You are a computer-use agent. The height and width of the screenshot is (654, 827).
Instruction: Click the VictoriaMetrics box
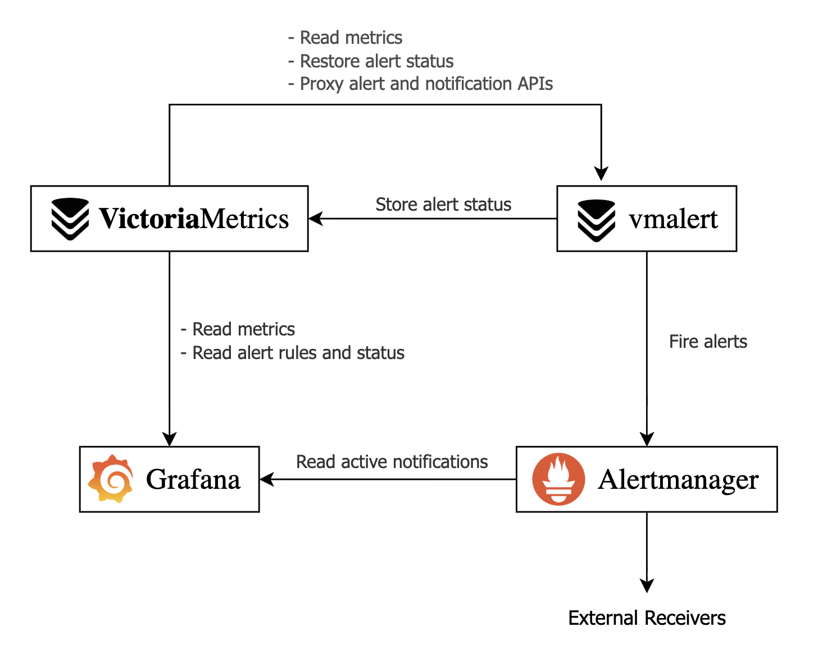pyautogui.click(x=169, y=219)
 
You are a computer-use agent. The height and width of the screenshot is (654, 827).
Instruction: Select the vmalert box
pyautogui.click(x=646, y=219)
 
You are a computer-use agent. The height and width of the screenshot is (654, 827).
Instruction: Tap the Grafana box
pyautogui.click(x=169, y=479)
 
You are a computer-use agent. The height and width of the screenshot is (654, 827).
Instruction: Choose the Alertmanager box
pyautogui.click(x=646, y=479)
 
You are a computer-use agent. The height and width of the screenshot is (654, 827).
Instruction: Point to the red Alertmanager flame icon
pyautogui.click(x=558, y=479)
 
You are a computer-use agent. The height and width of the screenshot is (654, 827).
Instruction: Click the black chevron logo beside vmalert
pyautogui.click(x=596, y=220)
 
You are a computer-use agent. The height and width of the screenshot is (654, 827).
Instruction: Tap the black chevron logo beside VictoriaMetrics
pyautogui.click(x=70, y=219)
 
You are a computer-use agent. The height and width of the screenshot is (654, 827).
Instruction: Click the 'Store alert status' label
pyautogui.click(x=443, y=205)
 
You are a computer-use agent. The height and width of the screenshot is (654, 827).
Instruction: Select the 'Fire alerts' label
pyautogui.click(x=708, y=342)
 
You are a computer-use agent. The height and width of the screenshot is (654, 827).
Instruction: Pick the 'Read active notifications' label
pyautogui.click(x=392, y=462)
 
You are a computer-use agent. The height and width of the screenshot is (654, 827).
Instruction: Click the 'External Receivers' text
pyautogui.click(x=647, y=618)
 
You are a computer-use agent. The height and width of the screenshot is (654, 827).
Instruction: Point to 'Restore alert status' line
pyautogui.click(x=371, y=61)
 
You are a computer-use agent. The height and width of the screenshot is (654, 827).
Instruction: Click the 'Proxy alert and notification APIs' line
pyautogui.click(x=420, y=84)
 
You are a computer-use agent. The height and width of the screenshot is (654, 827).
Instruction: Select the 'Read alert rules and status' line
pyautogui.click(x=293, y=353)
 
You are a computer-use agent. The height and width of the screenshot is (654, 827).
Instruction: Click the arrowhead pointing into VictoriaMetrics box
pyautogui.click(x=316, y=219)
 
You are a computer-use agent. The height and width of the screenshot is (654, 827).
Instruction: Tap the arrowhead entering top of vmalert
pyautogui.click(x=601, y=174)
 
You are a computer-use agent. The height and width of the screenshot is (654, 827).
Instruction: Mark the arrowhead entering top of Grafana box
pyautogui.click(x=169, y=439)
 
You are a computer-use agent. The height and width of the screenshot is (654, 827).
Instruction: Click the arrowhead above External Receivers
pyautogui.click(x=647, y=585)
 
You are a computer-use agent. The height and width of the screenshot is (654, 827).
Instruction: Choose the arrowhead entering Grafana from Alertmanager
pyautogui.click(x=267, y=479)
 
